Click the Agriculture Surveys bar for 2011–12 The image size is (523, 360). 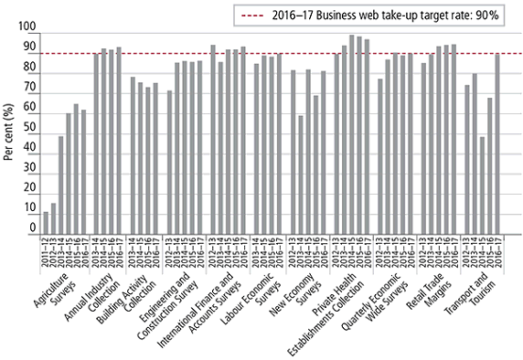(46, 224)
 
